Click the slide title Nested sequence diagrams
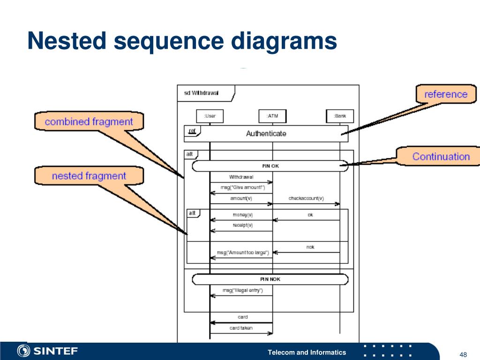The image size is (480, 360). pyautogui.click(x=182, y=41)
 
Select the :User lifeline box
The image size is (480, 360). pyautogui.click(x=210, y=116)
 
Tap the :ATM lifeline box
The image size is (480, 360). pyautogui.click(x=272, y=116)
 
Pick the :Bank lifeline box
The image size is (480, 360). pyautogui.click(x=340, y=116)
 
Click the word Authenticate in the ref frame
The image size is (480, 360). pyautogui.click(x=266, y=134)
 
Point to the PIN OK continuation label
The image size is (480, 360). pyautogui.click(x=270, y=166)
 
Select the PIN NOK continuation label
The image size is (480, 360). pyautogui.click(x=270, y=279)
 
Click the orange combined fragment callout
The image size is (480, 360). pyautogui.click(x=89, y=122)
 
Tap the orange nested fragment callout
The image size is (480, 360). pyautogui.click(x=89, y=176)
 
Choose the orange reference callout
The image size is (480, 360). pyautogui.click(x=446, y=94)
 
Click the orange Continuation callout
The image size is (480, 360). pyautogui.click(x=441, y=157)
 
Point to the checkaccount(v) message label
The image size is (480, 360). pyautogui.click(x=306, y=198)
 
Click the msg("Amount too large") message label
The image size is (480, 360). pyautogui.click(x=242, y=253)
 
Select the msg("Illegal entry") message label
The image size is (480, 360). pyautogui.click(x=242, y=291)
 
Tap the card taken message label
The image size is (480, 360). pyautogui.click(x=241, y=328)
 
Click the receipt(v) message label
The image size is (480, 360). pyautogui.click(x=242, y=225)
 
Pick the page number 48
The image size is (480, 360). pyautogui.click(x=464, y=354)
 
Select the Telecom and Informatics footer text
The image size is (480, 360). pyautogui.click(x=307, y=352)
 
